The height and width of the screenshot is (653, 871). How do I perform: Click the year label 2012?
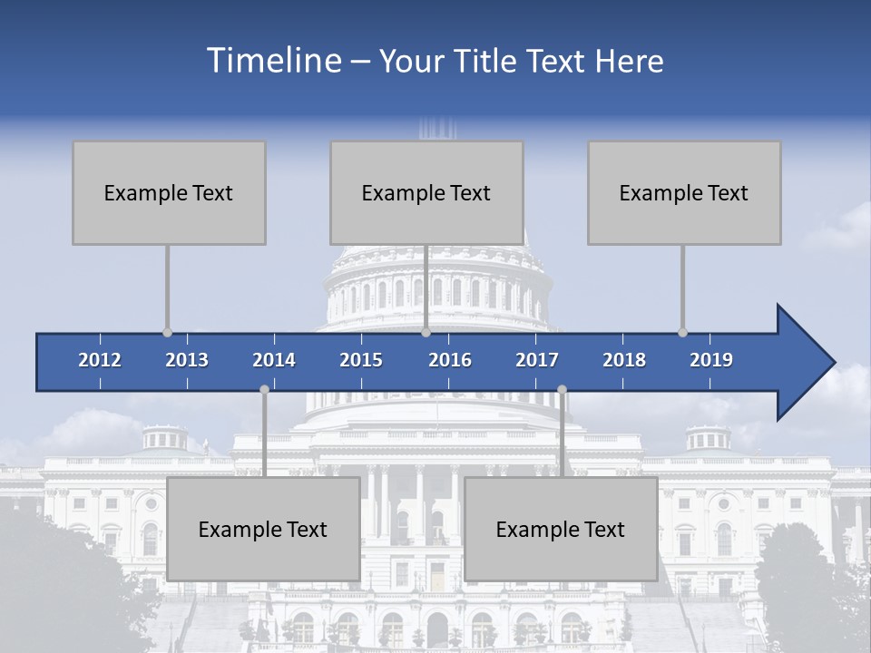point(100,360)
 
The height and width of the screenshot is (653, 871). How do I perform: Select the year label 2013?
point(187,360)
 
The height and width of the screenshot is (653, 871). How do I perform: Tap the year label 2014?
point(274,360)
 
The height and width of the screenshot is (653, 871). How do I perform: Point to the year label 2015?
point(361,360)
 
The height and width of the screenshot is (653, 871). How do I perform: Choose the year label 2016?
point(450,360)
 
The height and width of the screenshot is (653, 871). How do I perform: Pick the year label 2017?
point(537,360)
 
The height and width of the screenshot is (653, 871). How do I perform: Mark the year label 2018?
point(624,360)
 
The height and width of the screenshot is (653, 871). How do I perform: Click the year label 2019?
point(711,360)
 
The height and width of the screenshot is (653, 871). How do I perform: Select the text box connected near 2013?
point(169,192)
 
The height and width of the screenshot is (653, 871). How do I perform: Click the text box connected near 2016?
point(426,192)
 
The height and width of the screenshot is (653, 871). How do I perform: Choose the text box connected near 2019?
point(684,192)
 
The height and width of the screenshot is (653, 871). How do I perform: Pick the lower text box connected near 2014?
point(263,529)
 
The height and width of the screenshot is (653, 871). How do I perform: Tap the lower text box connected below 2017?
point(561,529)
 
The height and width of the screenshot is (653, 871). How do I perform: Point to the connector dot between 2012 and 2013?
point(167,333)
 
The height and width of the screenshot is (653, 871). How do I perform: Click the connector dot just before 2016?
point(426,333)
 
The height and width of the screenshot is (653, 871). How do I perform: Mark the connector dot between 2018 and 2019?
point(682,333)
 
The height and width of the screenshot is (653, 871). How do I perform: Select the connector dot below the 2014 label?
point(264,389)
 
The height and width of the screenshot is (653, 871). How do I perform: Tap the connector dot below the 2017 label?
point(562,389)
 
